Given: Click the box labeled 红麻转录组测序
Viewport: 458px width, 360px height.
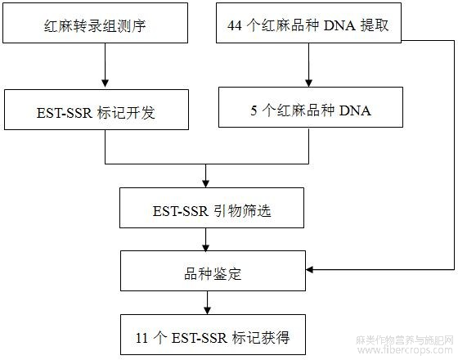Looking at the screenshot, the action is tap(95, 23).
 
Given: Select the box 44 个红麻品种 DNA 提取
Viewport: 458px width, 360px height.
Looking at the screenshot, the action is tap(309, 23).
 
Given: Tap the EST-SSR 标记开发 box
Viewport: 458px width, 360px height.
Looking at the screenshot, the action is tap(97, 110).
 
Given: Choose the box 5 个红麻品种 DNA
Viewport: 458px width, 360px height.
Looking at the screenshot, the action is tap(311, 107).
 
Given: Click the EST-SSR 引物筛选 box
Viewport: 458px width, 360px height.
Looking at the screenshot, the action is tap(212, 208).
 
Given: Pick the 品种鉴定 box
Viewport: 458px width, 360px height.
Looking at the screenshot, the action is tap(213, 271).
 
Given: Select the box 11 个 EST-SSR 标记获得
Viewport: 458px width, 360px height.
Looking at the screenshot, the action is tap(213, 335).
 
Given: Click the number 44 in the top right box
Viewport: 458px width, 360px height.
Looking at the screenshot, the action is tap(235, 25).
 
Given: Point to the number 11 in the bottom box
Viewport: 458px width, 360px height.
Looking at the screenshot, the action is tap(142, 338).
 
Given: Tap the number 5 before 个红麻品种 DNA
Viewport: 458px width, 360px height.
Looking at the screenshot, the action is tap(254, 110).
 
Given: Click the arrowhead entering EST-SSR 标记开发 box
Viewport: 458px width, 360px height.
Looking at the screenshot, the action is tap(106, 83).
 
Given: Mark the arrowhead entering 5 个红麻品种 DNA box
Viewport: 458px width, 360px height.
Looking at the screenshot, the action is tap(309, 83).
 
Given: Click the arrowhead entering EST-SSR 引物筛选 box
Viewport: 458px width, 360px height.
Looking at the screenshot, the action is tap(205, 183).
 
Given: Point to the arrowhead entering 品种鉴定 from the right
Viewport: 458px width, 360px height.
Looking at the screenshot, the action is tap(310, 269).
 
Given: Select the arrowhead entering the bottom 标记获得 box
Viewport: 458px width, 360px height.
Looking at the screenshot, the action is tap(208, 311).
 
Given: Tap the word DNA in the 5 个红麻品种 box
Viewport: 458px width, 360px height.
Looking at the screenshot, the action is tap(355, 110).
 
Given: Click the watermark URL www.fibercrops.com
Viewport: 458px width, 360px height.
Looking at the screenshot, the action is tap(405, 350).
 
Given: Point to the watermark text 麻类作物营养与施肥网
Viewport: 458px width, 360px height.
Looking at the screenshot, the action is tap(405, 340).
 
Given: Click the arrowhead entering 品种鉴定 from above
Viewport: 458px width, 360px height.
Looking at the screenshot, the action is tap(205, 247).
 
